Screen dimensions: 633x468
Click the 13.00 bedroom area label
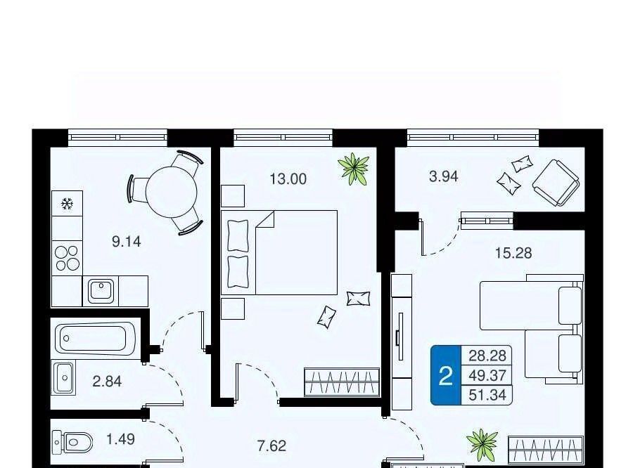coord(288,178)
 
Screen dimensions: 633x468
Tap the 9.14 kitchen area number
coord(127,242)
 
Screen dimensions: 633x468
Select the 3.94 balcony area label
coord(444,176)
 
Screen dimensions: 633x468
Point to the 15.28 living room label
coord(513,253)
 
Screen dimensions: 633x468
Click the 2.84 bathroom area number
coord(107,382)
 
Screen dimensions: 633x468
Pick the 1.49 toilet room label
coord(120,439)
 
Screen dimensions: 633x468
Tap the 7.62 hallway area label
coord(271,446)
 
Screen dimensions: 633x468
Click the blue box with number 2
coord(446,375)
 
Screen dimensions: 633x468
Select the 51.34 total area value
coord(487,395)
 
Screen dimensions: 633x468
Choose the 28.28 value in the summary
coord(487,356)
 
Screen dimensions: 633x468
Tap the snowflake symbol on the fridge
coord(67,204)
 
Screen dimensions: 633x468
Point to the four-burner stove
coord(68,258)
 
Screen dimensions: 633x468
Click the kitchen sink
coord(101,290)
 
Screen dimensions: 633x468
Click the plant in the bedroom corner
coord(354,169)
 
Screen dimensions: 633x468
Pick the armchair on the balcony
coord(556,183)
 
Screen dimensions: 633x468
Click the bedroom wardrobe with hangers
coord(342,382)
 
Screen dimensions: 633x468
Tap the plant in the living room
coord(482,445)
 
